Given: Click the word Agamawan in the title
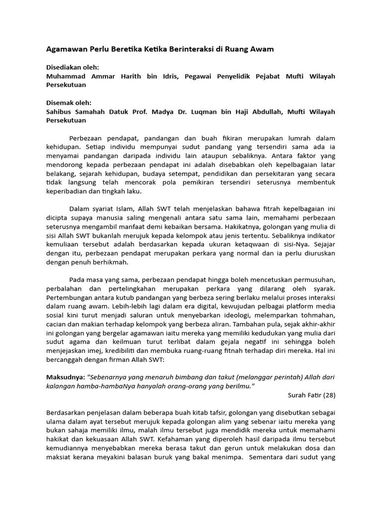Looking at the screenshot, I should tap(67, 49).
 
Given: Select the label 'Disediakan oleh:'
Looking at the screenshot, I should tap(72, 67).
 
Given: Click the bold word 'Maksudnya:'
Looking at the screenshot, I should tap(65, 377).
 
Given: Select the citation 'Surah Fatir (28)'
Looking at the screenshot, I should tap(311, 395).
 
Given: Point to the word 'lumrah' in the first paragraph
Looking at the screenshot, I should tap(298, 138).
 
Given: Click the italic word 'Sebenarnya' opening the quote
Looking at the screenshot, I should tap(108, 377).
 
